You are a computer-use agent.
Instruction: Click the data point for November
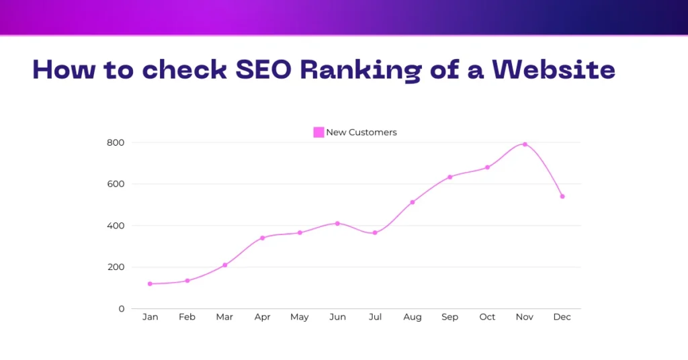[525, 144]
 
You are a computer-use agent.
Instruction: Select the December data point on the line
[562, 196]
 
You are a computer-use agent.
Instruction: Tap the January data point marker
[150, 283]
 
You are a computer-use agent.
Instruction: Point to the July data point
[375, 232]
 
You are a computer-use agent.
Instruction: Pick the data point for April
[262, 238]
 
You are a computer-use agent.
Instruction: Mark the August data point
[413, 202]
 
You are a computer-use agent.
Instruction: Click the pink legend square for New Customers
[318, 132]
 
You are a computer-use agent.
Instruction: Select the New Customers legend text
[361, 132]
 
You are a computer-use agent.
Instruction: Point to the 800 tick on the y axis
[116, 142]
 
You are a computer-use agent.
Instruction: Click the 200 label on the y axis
[116, 267]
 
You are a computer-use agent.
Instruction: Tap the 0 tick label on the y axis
[122, 309]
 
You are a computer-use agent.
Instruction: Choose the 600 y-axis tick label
[116, 184]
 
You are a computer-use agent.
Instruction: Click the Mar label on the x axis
[225, 317]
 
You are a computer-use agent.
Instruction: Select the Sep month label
[449, 317]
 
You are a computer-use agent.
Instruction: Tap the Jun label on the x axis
[337, 317]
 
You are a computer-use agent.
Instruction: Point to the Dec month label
[562, 317]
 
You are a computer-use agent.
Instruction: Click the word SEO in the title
[259, 70]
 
